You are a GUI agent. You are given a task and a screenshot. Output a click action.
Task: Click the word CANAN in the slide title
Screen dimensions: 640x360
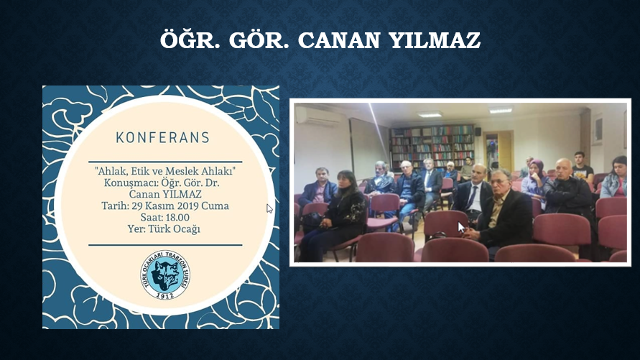(x=339, y=40)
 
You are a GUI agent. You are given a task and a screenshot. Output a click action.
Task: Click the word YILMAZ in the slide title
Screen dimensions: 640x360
(x=435, y=40)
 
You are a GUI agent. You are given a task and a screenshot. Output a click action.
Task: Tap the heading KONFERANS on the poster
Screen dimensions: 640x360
(x=163, y=137)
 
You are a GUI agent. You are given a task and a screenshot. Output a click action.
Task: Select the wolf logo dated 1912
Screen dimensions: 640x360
(x=165, y=274)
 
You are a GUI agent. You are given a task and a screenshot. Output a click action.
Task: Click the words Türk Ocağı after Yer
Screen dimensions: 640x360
(x=175, y=229)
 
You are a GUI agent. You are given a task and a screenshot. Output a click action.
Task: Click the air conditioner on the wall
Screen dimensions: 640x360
(x=320, y=116)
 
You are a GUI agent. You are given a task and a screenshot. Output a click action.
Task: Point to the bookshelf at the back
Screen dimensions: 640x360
(x=432, y=146)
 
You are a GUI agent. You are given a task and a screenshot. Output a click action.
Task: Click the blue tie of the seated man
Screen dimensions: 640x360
(x=472, y=198)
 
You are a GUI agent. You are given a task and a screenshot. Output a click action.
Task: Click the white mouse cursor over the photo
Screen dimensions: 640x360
(x=461, y=227)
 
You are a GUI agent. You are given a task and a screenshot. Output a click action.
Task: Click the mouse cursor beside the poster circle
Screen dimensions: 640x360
(x=269, y=208)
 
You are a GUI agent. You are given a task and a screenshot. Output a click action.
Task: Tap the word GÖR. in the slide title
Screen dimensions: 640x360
(x=259, y=40)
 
